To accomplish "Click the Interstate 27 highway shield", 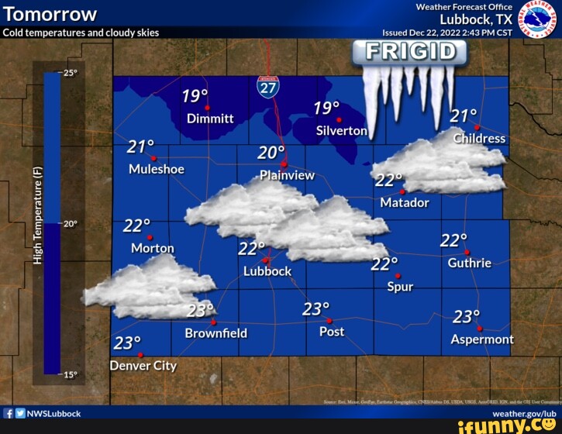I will click(x=268, y=86).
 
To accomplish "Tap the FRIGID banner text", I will click(x=409, y=52).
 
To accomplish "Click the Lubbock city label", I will click(x=267, y=271).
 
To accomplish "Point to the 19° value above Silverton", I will click(x=327, y=108).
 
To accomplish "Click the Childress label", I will click(x=479, y=139).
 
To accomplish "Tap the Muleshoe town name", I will click(x=156, y=168).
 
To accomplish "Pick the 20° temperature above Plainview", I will click(x=271, y=153).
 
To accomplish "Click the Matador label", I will click(x=405, y=202).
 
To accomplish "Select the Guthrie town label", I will click(x=469, y=263).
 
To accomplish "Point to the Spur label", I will click(x=401, y=287).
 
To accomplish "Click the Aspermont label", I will click(x=482, y=339).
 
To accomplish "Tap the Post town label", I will click(x=332, y=332).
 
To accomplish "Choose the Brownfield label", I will click(x=216, y=333).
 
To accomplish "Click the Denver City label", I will click(x=143, y=366).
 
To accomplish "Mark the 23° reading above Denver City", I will click(x=127, y=343).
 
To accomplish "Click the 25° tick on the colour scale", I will click(x=70, y=74).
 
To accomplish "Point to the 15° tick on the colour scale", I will click(x=70, y=374).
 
